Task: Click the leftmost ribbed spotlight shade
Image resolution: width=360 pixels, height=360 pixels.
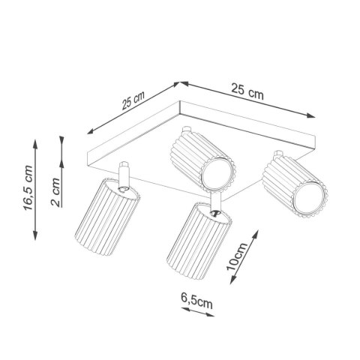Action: pyautogui.click(x=104, y=221)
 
